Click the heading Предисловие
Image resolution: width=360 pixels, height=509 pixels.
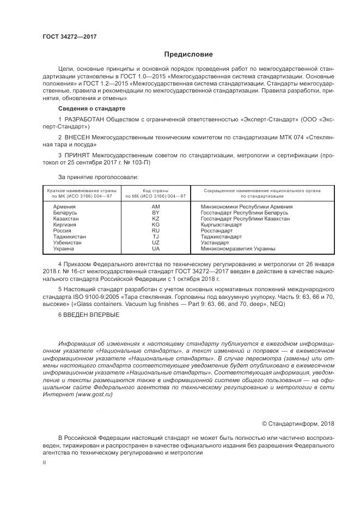[x=188, y=54]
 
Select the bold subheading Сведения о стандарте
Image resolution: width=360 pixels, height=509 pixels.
[x=88, y=109]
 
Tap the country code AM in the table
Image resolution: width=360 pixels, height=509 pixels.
[x=156, y=207]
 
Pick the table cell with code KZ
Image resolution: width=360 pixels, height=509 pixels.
[x=156, y=218]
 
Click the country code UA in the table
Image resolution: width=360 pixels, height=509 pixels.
[x=156, y=248]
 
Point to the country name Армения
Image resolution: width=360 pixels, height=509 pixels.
[x=64, y=207]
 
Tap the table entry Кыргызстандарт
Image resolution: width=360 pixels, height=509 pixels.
[x=221, y=224]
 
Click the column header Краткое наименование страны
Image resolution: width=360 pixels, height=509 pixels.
[x=82, y=191]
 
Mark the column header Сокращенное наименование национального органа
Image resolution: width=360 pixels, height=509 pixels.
[x=261, y=191]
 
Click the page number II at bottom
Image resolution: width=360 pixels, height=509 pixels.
[x=45, y=462]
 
